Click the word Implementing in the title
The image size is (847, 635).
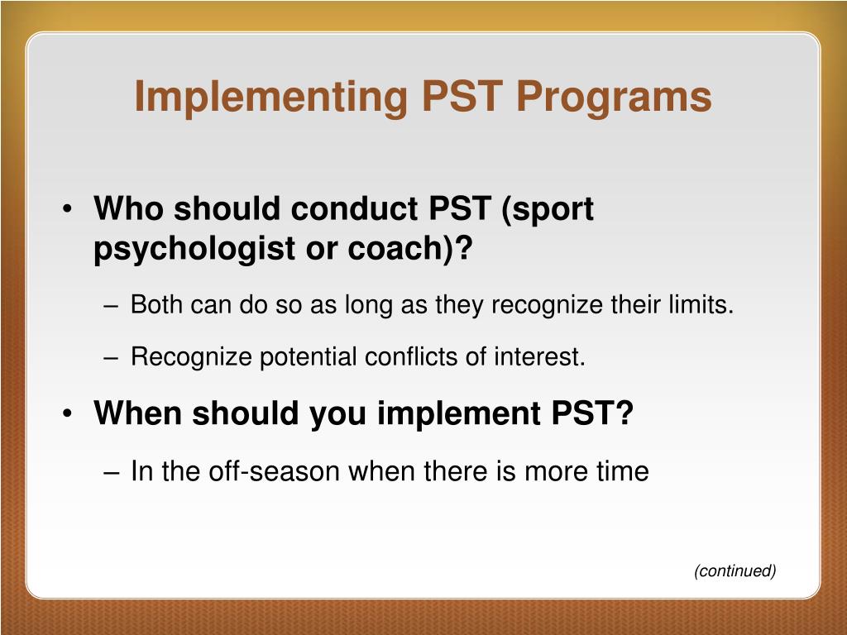click(270, 97)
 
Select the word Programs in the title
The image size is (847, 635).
click(614, 97)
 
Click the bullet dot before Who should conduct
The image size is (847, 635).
click(66, 209)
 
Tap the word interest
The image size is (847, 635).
click(539, 357)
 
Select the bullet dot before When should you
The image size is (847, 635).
click(66, 413)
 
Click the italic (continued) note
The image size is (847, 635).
click(735, 571)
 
